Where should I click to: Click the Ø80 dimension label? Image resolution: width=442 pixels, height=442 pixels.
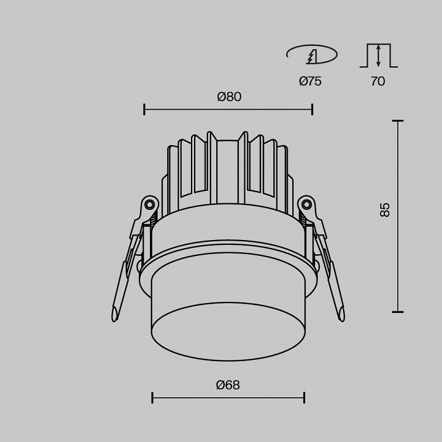click(x=229, y=97)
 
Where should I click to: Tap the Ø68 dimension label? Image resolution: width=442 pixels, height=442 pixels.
click(x=228, y=385)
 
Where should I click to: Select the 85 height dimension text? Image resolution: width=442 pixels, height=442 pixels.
click(x=384, y=210)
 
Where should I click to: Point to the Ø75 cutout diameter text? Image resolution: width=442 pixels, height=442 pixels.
click(x=310, y=81)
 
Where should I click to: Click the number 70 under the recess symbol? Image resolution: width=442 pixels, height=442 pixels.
click(x=378, y=81)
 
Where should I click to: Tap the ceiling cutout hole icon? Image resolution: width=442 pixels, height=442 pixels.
click(x=312, y=55)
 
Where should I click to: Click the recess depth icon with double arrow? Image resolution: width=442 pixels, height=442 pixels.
click(x=379, y=55)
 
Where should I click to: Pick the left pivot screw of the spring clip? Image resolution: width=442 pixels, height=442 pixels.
click(x=149, y=204)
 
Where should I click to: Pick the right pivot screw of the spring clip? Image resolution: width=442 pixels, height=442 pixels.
click(x=306, y=204)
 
